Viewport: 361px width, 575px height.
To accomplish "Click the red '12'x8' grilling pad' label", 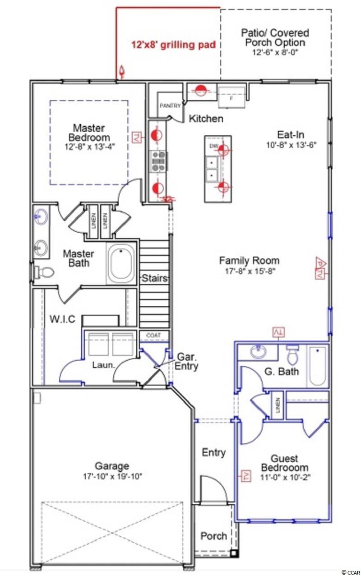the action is click(x=174, y=45).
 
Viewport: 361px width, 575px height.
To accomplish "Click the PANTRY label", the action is click(x=170, y=106).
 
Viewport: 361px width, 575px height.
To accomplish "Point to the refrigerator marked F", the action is click(x=231, y=97).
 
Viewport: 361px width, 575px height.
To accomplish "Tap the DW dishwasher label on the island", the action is click(x=213, y=146).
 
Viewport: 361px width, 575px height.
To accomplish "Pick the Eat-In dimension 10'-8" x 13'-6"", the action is click(x=291, y=145).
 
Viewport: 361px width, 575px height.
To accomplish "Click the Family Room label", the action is click(x=249, y=261).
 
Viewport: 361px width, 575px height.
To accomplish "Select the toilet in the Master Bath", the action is click(x=44, y=272).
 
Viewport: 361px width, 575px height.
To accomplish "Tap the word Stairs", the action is click(x=155, y=278).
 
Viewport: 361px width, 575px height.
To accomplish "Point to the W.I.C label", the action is click(x=62, y=319).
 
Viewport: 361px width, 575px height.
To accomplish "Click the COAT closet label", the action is click(x=153, y=335).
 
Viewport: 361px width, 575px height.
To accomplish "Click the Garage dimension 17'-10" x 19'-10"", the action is click(x=112, y=476).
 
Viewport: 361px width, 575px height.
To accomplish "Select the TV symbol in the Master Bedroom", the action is click(x=136, y=138).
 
